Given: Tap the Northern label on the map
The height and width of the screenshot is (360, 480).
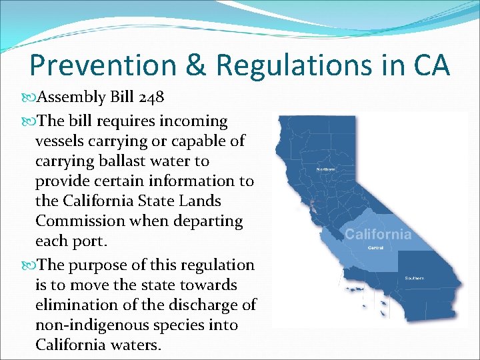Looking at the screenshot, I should [x=325, y=169].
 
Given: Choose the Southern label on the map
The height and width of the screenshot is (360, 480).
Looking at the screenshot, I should [x=414, y=277].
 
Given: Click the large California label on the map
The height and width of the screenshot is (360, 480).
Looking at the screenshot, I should [x=378, y=234].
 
